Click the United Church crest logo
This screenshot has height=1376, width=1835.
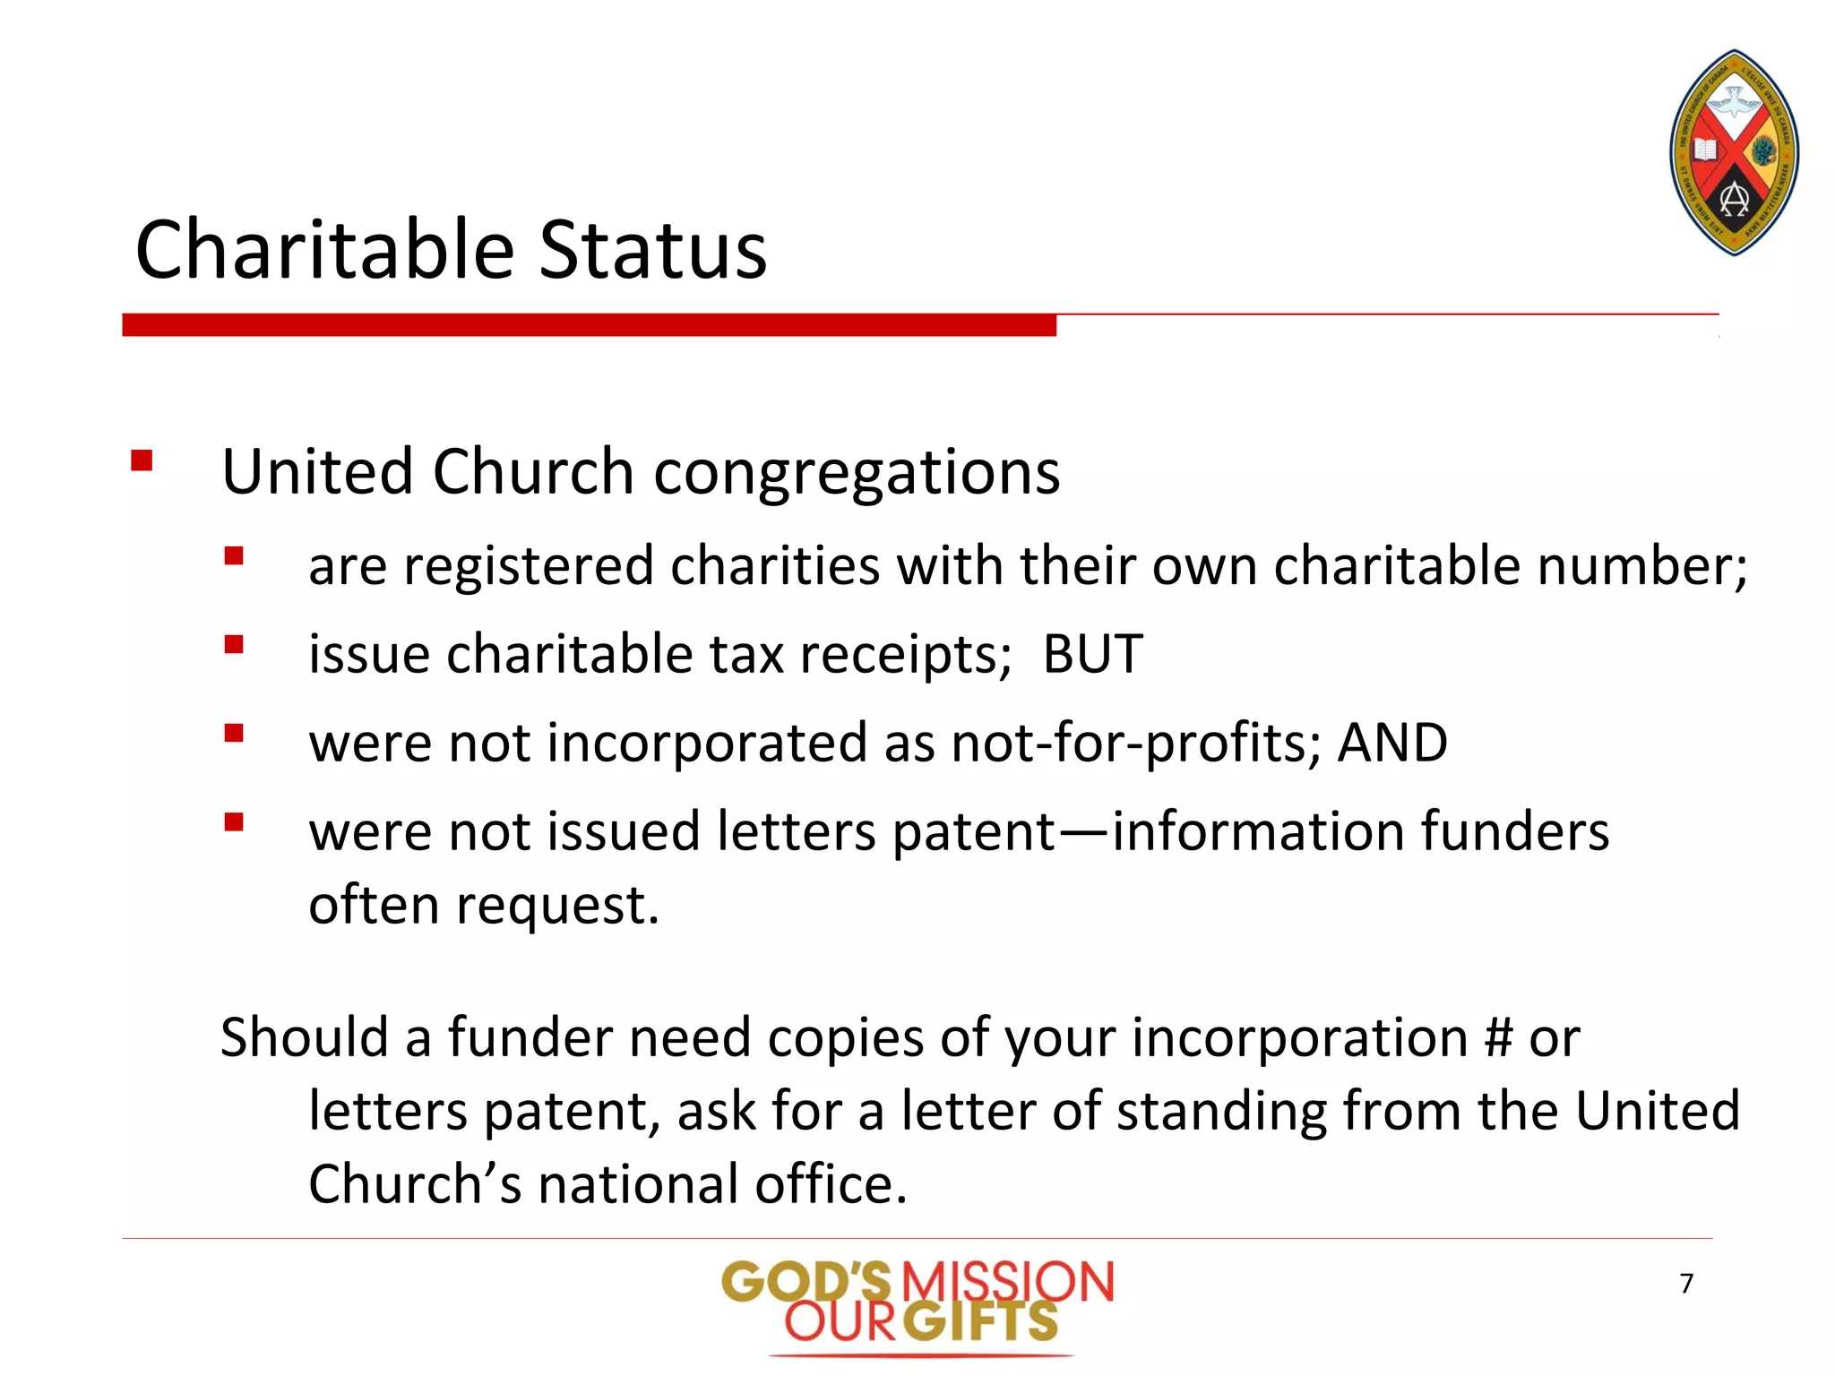(x=1734, y=152)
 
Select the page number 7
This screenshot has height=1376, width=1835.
(x=1686, y=1284)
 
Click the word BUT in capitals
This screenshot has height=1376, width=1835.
(x=1092, y=653)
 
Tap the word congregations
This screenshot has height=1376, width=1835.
(x=857, y=472)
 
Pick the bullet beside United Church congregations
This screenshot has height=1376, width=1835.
(x=142, y=461)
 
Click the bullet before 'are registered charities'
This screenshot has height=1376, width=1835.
(x=234, y=556)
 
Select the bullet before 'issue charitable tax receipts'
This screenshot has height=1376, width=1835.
(x=234, y=645)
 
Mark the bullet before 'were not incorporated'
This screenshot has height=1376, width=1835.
(x=234, y=734)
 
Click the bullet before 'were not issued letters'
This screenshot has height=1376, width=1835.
(x=234, y=822)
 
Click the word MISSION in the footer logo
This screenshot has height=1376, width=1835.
(x=1007, y=1282)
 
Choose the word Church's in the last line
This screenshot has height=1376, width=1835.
(x=414, y=1184)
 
